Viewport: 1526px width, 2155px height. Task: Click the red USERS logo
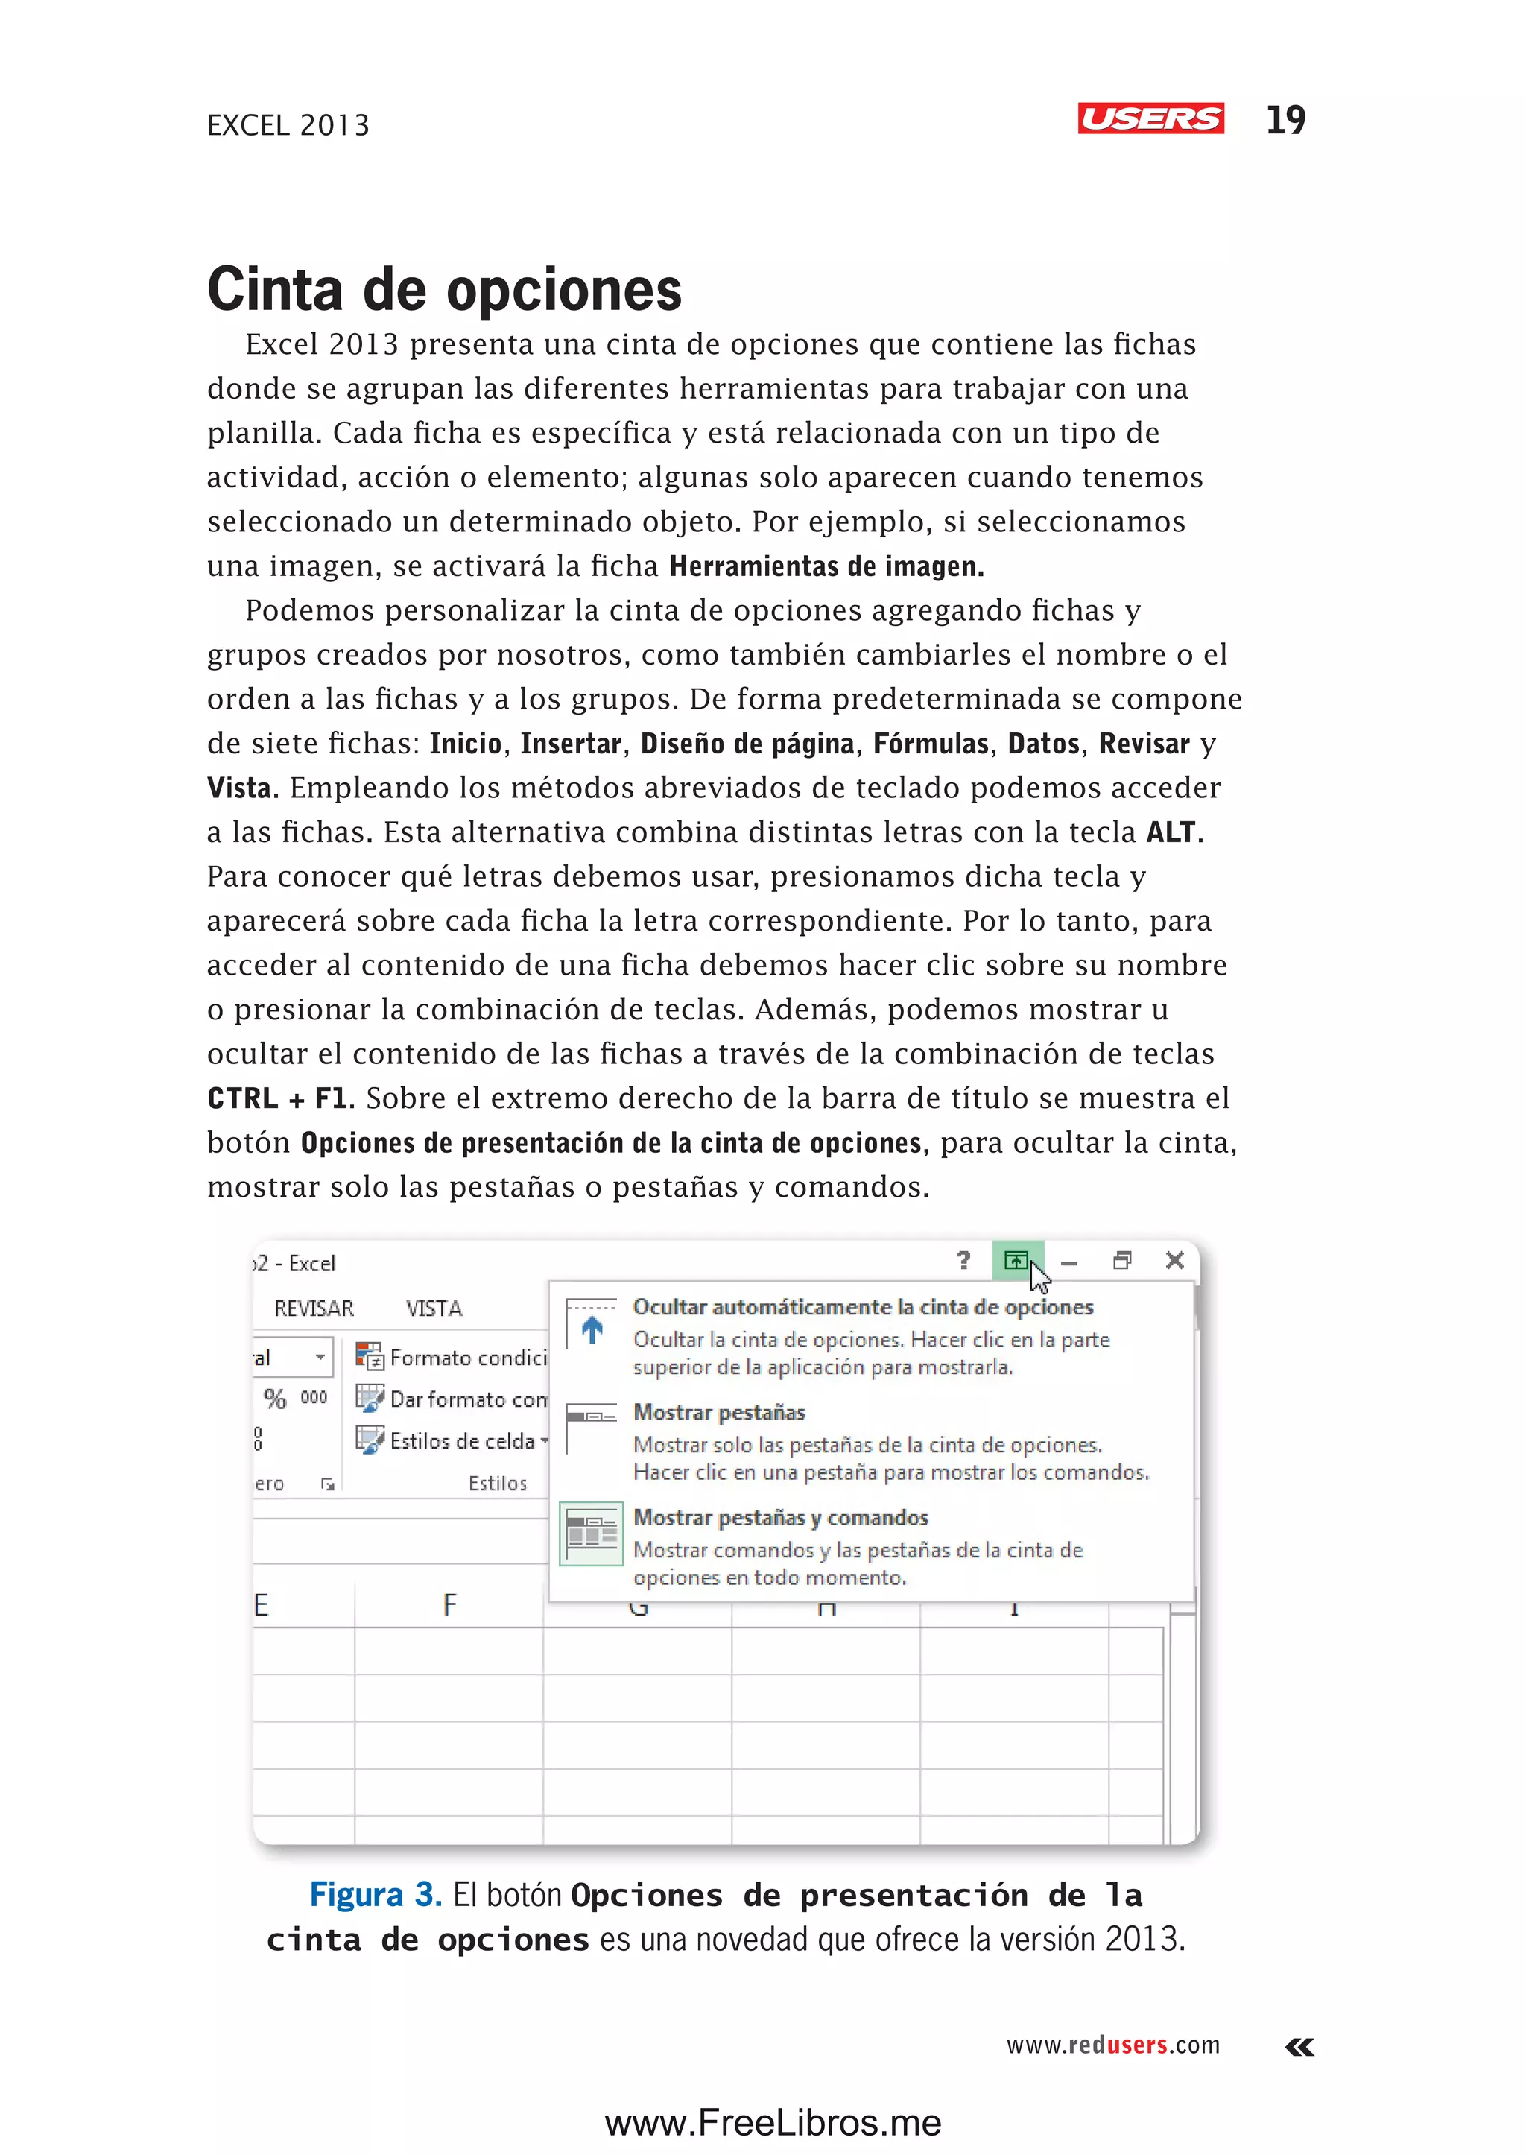(1150, 118)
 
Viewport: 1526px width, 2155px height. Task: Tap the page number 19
(1285, 120)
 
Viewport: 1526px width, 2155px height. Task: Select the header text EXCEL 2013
(288, 125)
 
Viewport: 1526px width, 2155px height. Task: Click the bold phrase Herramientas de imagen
(826, 567)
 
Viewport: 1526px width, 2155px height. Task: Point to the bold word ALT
(1171, 832)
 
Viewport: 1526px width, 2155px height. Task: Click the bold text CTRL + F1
(276, 1098)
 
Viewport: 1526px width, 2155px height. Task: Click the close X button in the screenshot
(1174, 1260)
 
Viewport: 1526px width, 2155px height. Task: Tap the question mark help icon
(963, 1260)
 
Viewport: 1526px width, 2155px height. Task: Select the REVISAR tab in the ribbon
(314, 1308)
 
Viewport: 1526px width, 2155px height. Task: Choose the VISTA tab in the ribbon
(434, 1308)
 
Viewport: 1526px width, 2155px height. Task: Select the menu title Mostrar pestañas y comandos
(781, 1518)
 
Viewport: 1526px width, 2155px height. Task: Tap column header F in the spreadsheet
(450, 1605)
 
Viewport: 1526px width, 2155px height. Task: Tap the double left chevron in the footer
(1299, 2047)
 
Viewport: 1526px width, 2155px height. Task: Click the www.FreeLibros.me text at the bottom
(773, 2123)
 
